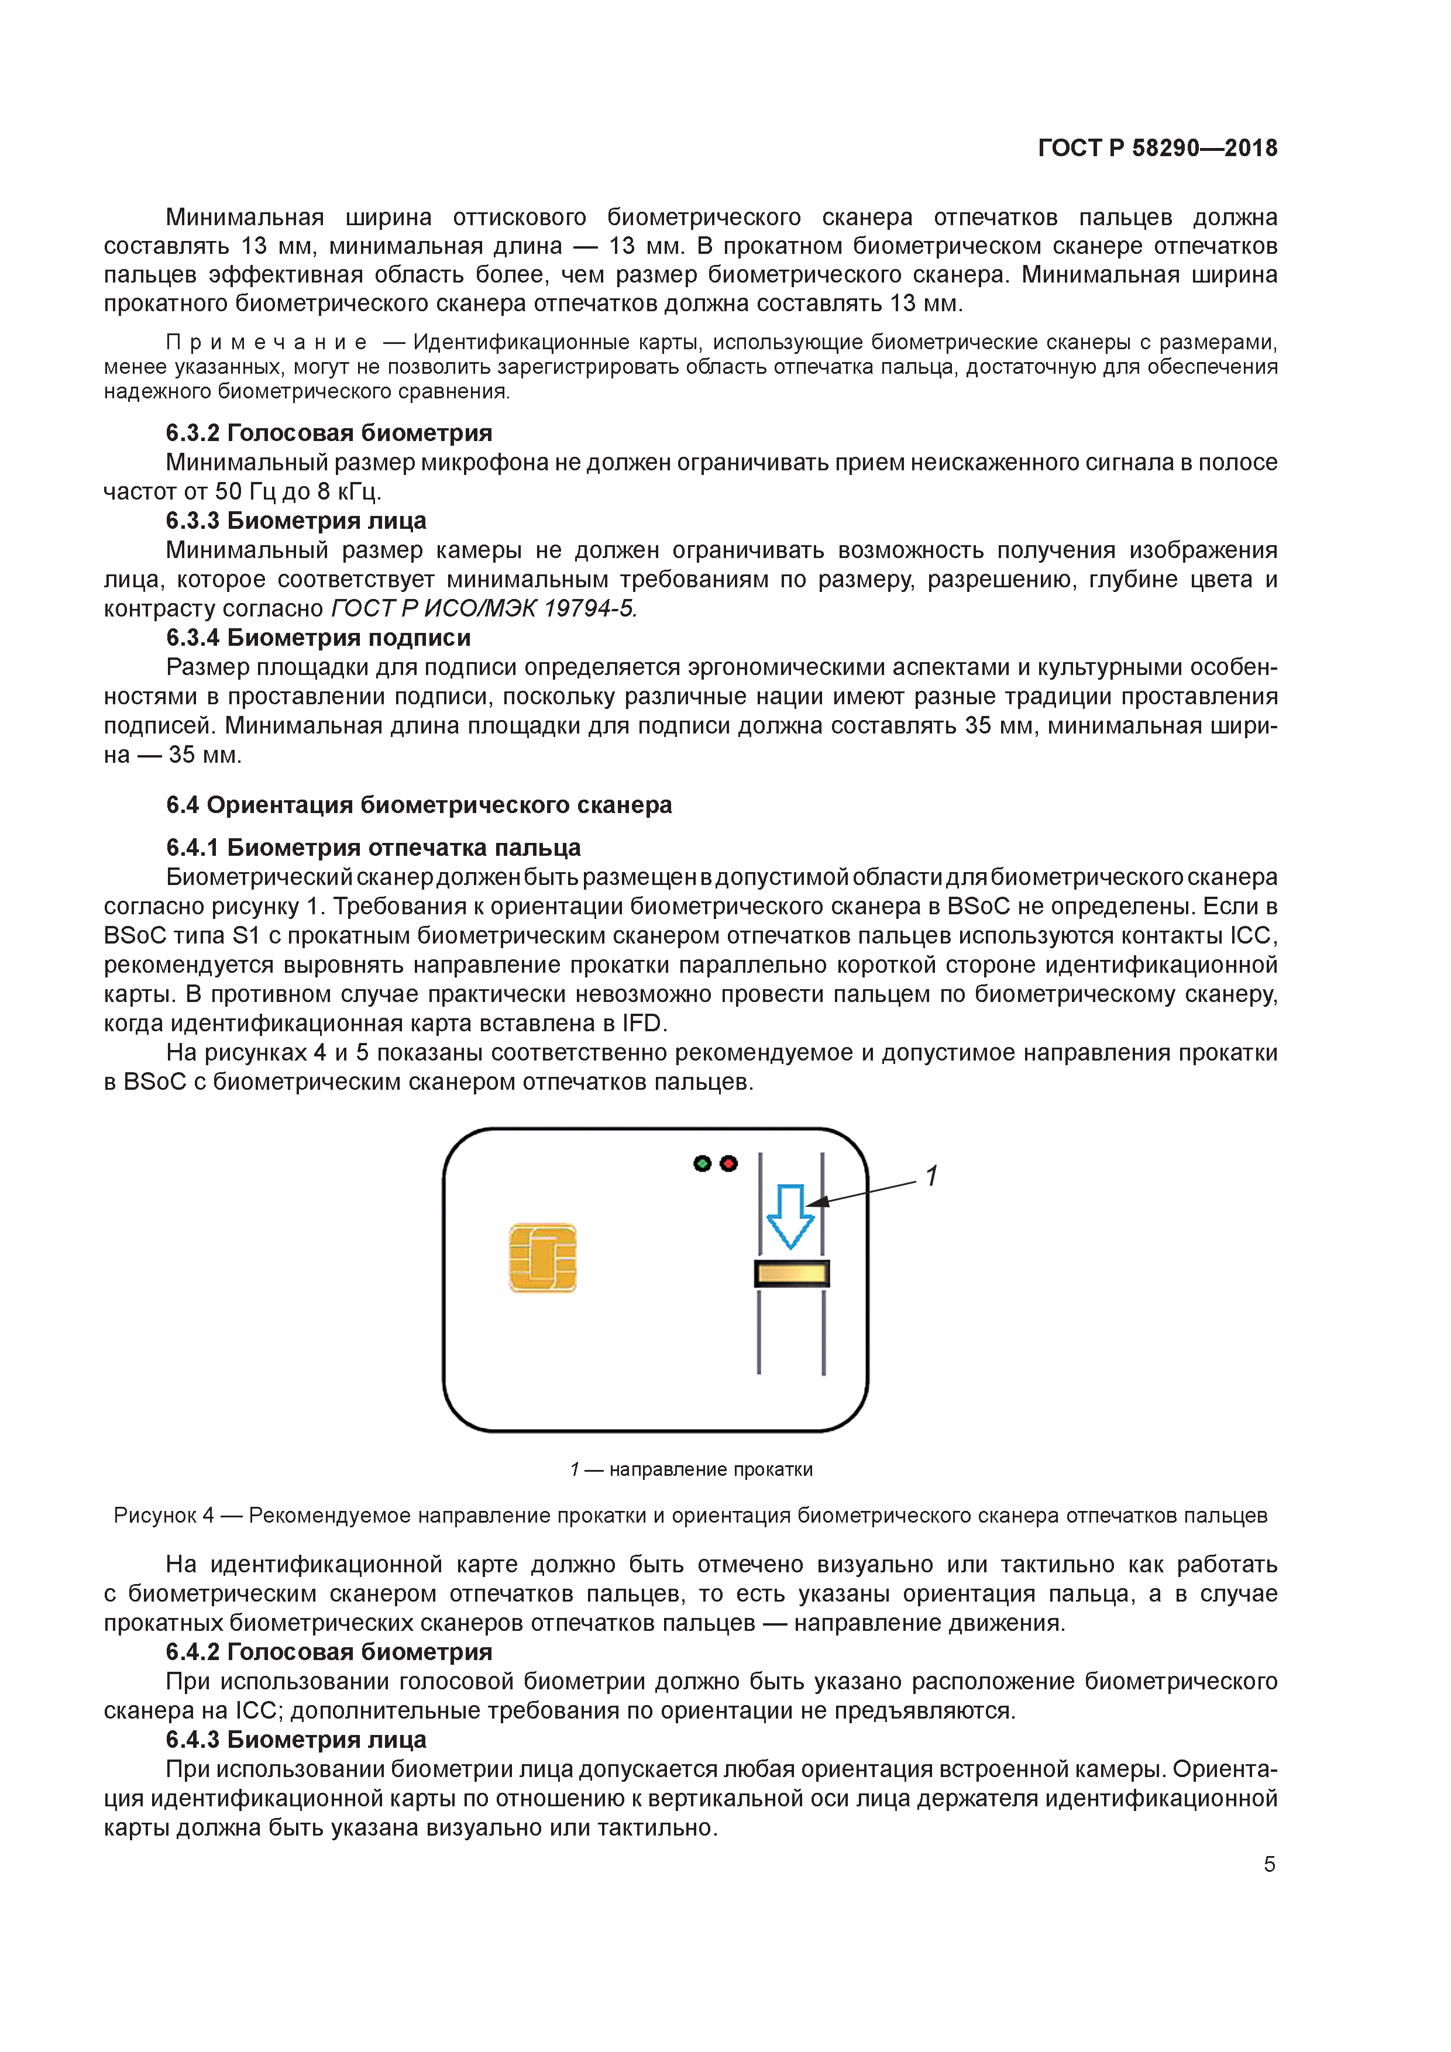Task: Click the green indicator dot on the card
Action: tap(702, 1163)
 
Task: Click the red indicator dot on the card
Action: tap(728, 1163)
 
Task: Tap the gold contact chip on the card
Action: tap(543, 1258)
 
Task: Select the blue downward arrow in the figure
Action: tap(790, 1216)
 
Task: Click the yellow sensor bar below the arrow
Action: tap(791, 1273)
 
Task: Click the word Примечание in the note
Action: tap(266, 342)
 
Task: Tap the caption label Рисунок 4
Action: tap(164, 1515)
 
